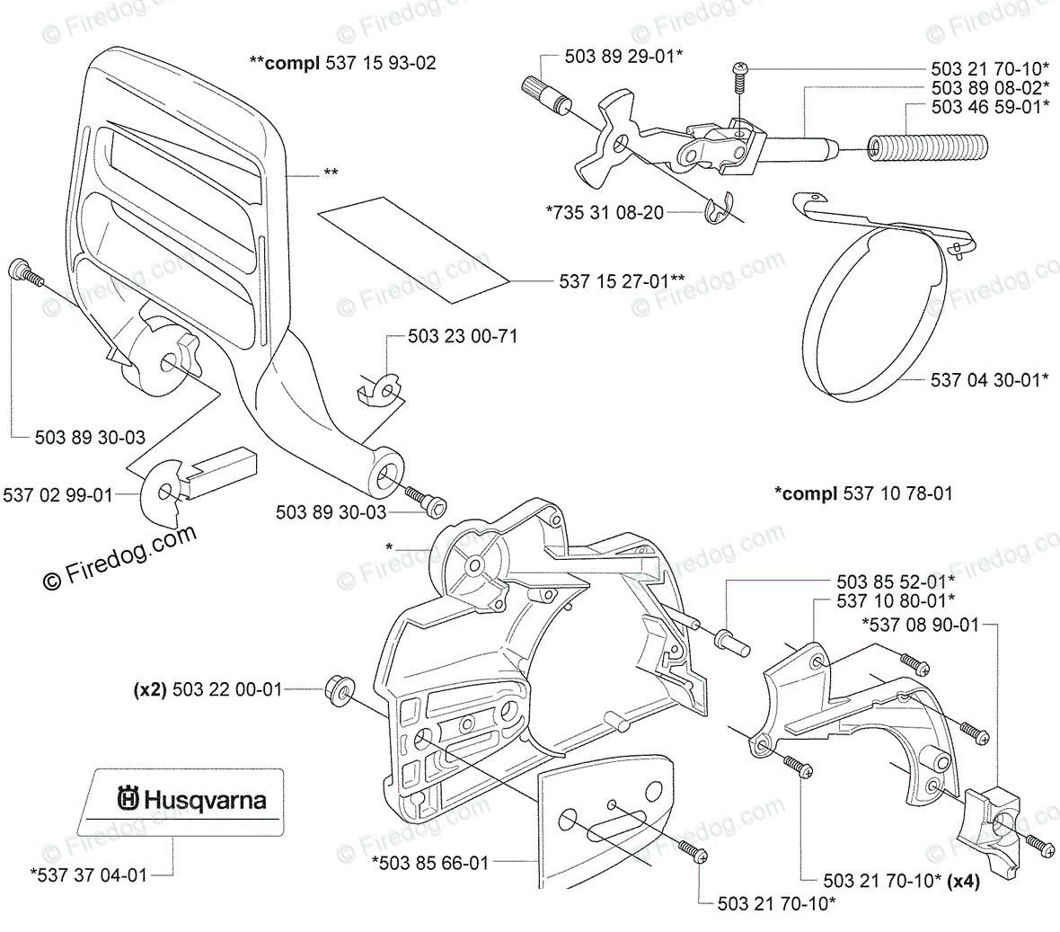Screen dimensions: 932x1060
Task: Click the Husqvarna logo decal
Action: (191, 798)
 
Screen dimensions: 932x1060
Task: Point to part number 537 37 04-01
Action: (87, 874)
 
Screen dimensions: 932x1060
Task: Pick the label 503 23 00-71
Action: (463, 337)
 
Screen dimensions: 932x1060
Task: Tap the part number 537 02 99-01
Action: (58, 494)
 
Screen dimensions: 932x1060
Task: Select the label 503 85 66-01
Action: (430, 863)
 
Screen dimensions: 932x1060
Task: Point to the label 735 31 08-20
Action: (605, 213)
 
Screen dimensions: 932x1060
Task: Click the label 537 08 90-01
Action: (920, 624)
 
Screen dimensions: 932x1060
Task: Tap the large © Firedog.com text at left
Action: (119, 556)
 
